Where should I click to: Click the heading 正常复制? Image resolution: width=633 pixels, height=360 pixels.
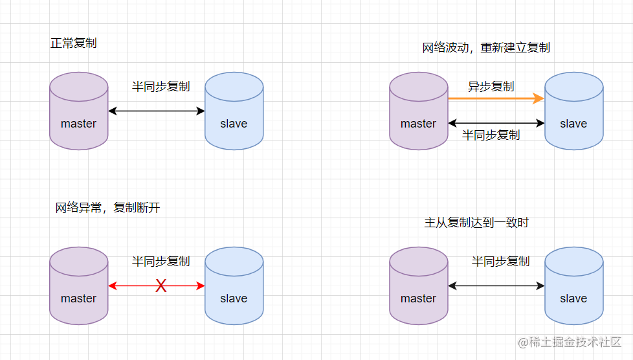[74, 43]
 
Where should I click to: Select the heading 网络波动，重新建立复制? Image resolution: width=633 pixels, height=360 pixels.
[486, 48]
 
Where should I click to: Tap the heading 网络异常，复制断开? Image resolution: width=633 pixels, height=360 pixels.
[108, 208]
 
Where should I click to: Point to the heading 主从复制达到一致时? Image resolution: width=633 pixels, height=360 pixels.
[476, 223]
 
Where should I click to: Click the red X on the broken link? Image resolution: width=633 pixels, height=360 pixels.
[161, 286]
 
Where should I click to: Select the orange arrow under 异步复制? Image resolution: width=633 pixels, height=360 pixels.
[496, 98]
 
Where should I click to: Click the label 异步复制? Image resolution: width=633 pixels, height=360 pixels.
[491, 87]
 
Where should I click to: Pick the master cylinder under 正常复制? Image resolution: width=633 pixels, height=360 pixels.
[79, 111]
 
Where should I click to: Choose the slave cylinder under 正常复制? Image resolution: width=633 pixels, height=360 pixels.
[234, 111]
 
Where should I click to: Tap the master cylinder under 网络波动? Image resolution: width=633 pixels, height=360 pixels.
[419, 111]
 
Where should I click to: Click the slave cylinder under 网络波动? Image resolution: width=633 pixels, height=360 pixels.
[573, 111]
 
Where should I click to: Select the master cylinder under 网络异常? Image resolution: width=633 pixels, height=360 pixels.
[79, 286]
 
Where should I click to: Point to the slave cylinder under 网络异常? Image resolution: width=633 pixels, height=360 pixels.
[234, 286]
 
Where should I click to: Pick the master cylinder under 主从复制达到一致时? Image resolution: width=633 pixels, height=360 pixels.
[419, 286]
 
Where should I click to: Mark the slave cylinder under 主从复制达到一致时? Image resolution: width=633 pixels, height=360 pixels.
[573, 286]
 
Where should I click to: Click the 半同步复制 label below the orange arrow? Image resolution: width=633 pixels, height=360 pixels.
[491, 135]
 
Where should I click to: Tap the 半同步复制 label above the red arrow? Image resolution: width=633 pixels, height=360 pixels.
[161, 262]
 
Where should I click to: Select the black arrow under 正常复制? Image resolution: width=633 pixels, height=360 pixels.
[157, 111]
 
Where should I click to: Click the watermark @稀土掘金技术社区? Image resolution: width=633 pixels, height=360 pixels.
[570, 343]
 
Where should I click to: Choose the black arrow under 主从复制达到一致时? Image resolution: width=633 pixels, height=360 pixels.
[496, 286]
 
